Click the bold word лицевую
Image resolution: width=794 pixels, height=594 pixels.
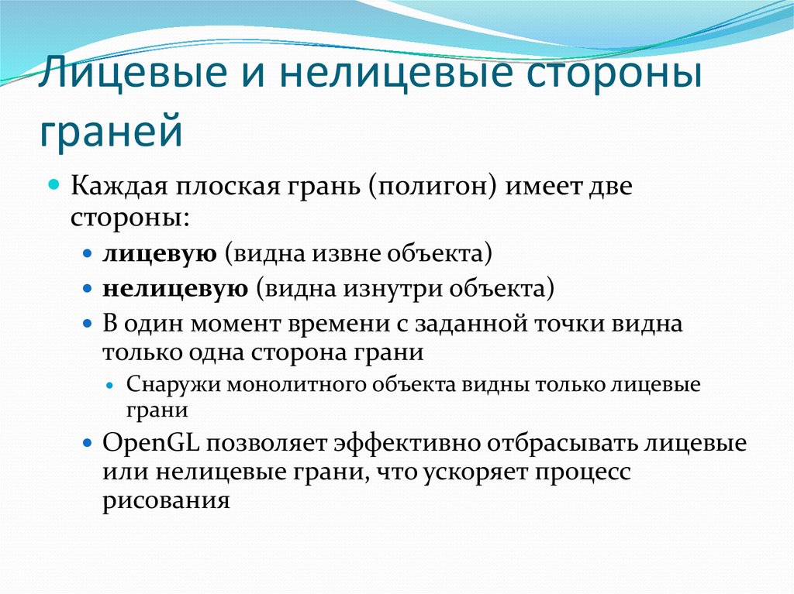(x=159, y=253)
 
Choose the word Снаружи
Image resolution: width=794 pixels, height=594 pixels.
(x=171, y=385)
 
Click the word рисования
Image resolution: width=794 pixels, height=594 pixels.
(x=166, y=500)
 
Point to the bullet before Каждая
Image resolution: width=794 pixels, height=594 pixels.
(x=54, y=187)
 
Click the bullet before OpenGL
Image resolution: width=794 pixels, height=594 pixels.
(x=88, y=444)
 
